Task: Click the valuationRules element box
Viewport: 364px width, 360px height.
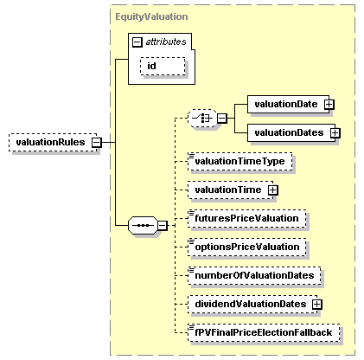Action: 49,142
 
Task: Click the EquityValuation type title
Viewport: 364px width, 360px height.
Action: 150,16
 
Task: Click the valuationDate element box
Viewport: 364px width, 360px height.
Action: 285,104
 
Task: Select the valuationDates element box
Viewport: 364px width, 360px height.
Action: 288,132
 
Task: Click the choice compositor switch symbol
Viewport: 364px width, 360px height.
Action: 204,118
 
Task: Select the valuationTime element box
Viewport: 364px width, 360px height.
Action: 227,190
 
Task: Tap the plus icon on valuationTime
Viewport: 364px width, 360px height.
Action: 272,190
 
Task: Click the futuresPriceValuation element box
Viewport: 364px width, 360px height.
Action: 246,218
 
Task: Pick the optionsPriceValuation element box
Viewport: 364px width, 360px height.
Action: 246,247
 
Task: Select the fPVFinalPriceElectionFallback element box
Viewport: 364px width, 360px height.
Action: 265,332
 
